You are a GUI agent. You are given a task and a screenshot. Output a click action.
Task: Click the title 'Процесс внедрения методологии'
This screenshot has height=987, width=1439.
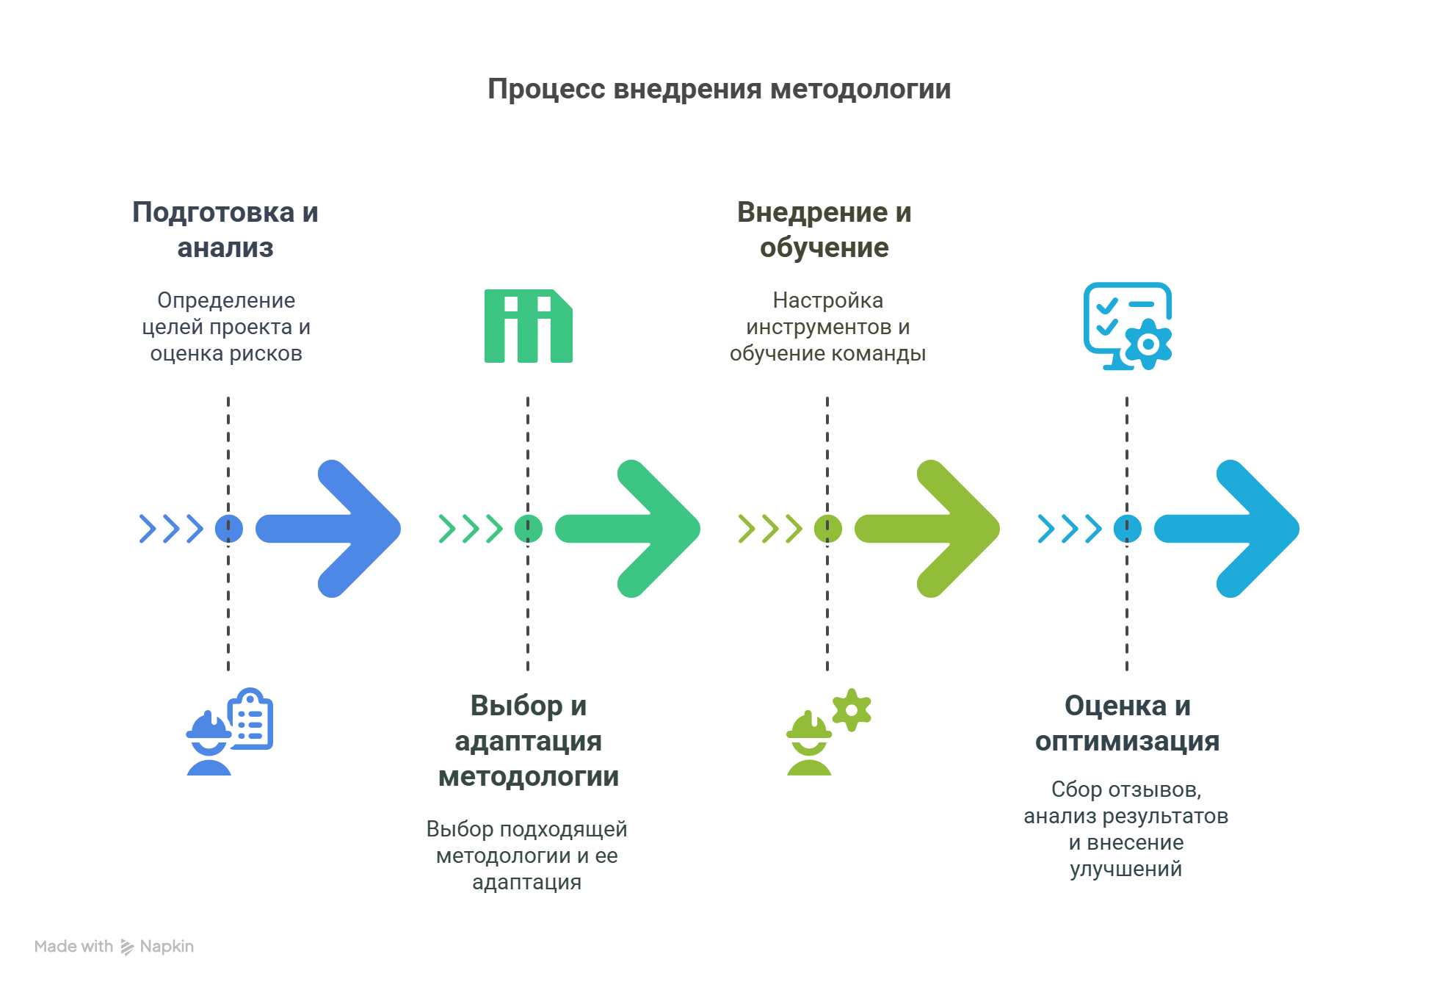coord(719,90)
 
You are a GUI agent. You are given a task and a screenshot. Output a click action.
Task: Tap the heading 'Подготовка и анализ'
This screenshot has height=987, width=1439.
coord(225,230)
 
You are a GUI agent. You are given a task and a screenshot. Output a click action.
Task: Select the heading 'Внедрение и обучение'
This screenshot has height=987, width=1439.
coord(824,230)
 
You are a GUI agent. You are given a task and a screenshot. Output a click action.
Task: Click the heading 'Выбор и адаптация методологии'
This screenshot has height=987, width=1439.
coord(528,740)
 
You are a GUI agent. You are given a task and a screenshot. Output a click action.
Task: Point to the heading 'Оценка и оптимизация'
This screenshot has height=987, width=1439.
coord(1127,723)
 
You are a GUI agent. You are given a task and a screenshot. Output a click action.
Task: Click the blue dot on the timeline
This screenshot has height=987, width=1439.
coord(228,529)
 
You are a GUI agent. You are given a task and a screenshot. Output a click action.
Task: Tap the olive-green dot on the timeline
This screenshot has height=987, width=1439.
coord(827,529)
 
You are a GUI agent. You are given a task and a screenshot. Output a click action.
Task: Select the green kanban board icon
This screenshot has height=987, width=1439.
coord(528,326)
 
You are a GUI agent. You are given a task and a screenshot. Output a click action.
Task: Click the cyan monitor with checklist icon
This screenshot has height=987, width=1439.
coord(1127,326)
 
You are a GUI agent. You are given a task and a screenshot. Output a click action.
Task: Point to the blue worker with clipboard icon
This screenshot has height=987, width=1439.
coord(229,731)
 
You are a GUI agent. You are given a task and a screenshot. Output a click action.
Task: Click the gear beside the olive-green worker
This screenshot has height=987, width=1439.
coord(852,709)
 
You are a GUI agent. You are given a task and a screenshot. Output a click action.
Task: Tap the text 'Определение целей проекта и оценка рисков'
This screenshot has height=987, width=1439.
coord(226,327)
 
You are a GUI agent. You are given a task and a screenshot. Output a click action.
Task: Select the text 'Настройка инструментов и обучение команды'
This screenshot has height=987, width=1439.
coord(827,327)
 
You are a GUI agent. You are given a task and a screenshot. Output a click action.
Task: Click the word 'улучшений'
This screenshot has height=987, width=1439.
coord(1126,869)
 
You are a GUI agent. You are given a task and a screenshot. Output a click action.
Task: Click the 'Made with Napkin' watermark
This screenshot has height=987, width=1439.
coord(115,947)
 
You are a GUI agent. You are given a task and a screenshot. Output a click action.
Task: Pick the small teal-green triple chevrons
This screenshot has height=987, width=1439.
coord(471,529)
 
